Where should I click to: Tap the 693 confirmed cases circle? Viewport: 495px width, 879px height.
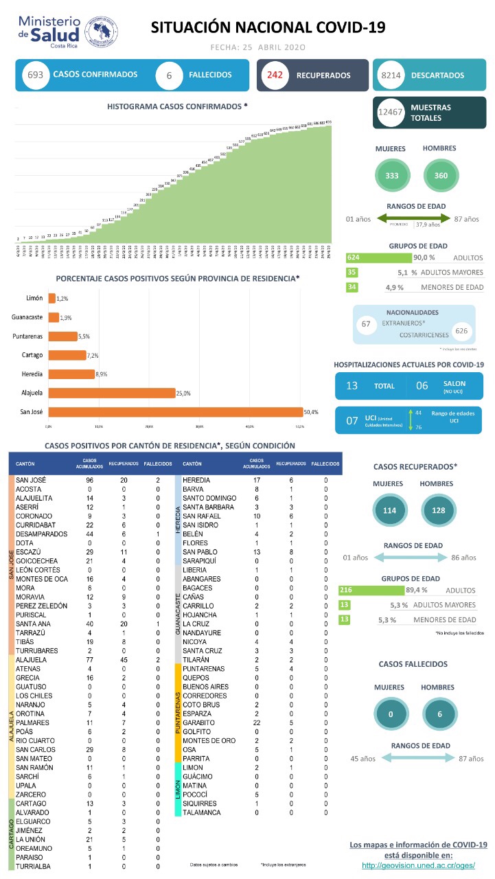click(32, 75)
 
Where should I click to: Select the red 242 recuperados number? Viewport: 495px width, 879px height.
click(276, 76)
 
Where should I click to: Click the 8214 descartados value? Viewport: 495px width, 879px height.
click(390, 76)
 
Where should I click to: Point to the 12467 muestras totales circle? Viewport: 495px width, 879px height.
click(390, 113)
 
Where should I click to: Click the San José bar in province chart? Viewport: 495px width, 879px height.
click(175, 412)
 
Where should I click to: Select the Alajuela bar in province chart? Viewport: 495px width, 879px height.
click(111, 393)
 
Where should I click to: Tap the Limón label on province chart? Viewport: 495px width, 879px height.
click(34, 298)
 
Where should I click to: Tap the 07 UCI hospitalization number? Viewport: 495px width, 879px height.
click(352, 420)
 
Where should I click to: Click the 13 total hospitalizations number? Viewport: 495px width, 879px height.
click(352, 386)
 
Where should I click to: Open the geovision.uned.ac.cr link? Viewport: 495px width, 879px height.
click(418, 865)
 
